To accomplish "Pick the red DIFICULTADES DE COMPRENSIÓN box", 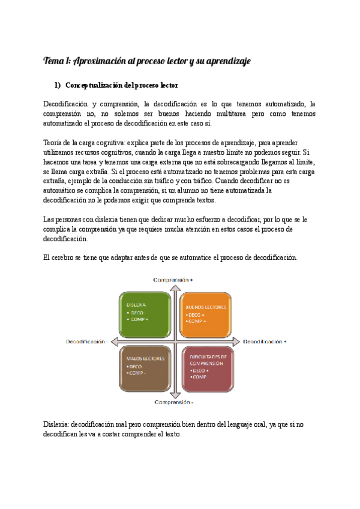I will (x=207, y=367).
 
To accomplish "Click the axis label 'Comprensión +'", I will (x=173, y=279).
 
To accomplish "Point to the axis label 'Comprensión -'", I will (x=173, y=402).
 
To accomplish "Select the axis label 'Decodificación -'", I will (x=87, y=341).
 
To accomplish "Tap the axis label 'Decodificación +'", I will (x=265, y=341).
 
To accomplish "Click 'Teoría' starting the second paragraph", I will (x=55, y=142).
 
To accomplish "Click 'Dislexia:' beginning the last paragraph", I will (x=59, y=425).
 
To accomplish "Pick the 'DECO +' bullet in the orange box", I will (x=196, y=315).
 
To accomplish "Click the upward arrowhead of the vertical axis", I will (x=173, y=286).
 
